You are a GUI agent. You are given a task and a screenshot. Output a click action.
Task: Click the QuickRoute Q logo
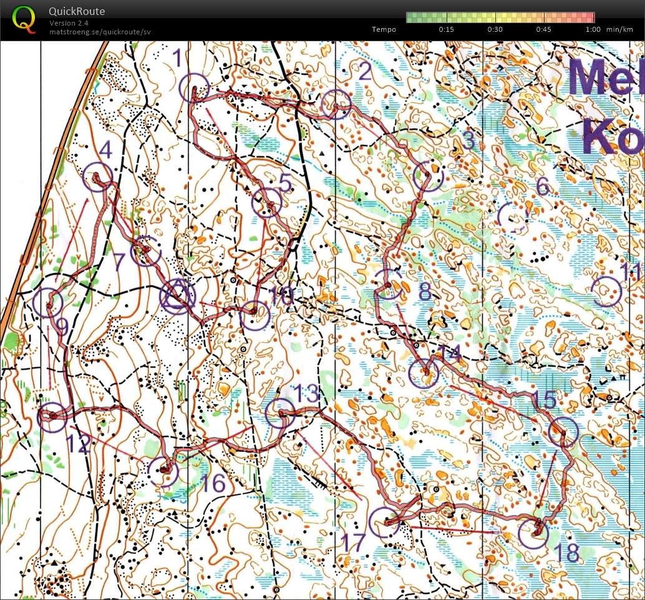point(24,19)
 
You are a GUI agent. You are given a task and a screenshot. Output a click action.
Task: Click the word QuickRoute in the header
point(77,11)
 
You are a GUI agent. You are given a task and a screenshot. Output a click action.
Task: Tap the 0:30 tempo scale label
point(495,29)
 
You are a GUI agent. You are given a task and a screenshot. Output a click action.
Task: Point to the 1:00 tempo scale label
point(593,29)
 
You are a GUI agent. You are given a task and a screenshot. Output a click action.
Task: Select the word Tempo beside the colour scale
point(384,29)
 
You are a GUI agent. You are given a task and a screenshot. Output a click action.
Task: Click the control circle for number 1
point(193,87)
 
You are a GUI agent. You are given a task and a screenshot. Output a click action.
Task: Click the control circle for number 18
point(533,534)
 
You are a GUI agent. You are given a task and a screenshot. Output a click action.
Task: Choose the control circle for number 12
point(52,416)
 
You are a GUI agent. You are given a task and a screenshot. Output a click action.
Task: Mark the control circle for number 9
point(48,303)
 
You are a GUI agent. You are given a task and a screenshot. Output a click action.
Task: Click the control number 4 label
point(105,150)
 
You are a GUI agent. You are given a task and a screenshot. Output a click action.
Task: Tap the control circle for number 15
point(564,431)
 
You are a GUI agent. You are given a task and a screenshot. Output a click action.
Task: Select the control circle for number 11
point(606,292)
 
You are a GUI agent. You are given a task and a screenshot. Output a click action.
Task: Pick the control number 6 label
point(542,185)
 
